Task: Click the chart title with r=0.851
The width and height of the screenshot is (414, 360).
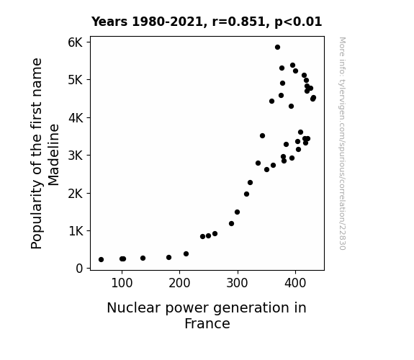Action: pyautogui.click(x=207, y=22)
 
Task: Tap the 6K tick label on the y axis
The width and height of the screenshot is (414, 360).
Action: pyautogui.click(x=76, y=42)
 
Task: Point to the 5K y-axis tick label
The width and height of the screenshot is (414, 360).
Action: pyautogui.click(x=76, y=80)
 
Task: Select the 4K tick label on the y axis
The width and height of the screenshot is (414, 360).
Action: pyautogui.click(x=76, y=118)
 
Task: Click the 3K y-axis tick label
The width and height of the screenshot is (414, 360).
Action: pyautogui.click(x=76, y=156)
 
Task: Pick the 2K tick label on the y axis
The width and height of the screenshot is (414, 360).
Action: pyautogui.click(x=76, y=194)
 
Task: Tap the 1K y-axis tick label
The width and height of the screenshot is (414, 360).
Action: pyautogui.click(x=76, y=231)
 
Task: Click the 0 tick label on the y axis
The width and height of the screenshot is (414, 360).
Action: pyautogui.click(x=79, y=269)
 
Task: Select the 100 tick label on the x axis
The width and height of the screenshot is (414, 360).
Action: pyautogui.click(x=122, y=283)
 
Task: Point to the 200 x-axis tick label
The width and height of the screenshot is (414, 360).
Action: pyautogui.click(x=179, y=283)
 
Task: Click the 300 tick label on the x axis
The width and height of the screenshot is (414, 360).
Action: pyautogui.click(x=238, y=283)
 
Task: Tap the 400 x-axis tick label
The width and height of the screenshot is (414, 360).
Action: pyautogui.click(x=295, y=283)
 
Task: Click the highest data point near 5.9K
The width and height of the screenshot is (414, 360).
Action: pyautogui.click(x=277, y=48)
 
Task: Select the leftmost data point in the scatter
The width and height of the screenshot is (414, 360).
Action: pyautogui.click(x=101, y=260)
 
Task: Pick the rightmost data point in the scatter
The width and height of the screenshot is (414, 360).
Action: pyautogui.click(x=313, y=98)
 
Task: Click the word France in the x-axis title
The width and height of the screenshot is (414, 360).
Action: pyautogui.click(x=207, y=323)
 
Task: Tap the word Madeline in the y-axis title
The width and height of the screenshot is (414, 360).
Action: pyautogui.click(x=53, y=155)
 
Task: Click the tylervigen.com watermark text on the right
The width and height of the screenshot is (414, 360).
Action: pyautogui.click(x=342, y=143)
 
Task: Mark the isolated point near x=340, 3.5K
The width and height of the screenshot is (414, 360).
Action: pyautogui.click(x=263, y=136)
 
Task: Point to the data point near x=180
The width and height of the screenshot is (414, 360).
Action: pyautogui.click(x=169, y=258)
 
